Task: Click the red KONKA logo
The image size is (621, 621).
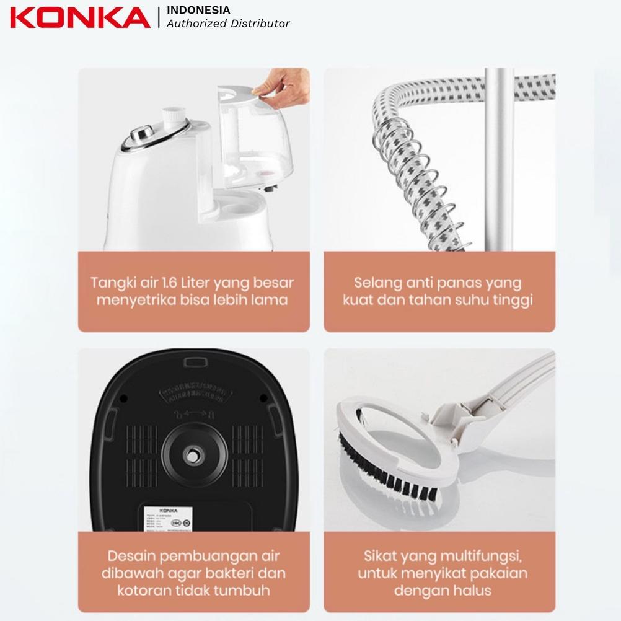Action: pos(79,17)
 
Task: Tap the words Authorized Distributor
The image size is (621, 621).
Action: pos(228,24)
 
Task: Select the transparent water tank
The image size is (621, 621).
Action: pos(254,136)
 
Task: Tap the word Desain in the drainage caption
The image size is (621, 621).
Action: pos(132,555)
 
